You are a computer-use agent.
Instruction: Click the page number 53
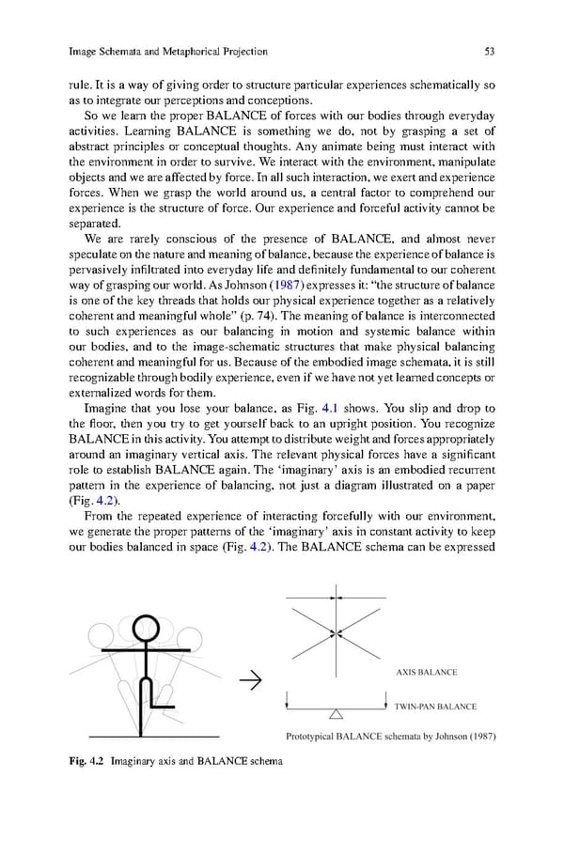click(489, 51)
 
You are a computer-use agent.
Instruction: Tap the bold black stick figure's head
click(147, 627)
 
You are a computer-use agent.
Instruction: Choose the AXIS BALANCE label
click(425, 672)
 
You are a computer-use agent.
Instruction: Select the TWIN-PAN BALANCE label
click(435, 707)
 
